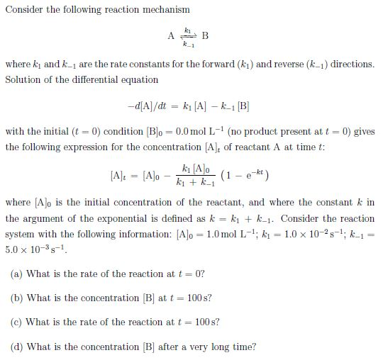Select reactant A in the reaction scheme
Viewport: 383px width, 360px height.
click(171, 36)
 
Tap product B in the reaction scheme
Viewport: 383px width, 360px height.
click(205, 36)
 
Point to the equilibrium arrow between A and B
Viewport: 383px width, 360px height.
click(188, 36)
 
